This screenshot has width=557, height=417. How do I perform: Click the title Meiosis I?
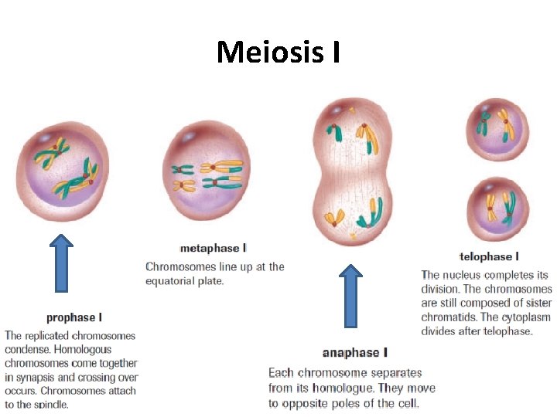pyautogui.click(x=278, y=52)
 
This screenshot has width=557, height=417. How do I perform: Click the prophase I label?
pyautogui.click(x=74, y=317)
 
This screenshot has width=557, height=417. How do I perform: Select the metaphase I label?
pyautogui.click(x=213, y=248)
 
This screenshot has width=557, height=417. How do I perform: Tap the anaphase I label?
pyautogui.click(x=354, y=353)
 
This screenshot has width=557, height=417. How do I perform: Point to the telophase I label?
pyautogui.click(x=489, y=256)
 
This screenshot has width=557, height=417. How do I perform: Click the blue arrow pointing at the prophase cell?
pyautogui.click(x=61, y=263)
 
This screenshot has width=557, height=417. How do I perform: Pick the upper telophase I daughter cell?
pyautogui.click(x=497, y=129)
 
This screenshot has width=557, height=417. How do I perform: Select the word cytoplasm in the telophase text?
pyautogui.click(x=525, y=317)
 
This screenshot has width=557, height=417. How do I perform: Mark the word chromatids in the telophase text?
pyautogui.click(x=449, y=317)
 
